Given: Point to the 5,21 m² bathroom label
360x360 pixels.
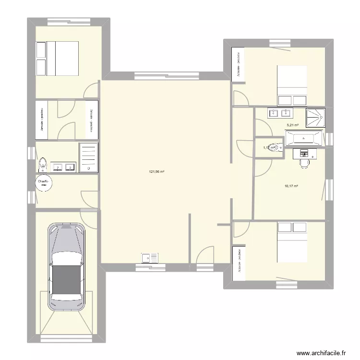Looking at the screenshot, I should coord(292,125).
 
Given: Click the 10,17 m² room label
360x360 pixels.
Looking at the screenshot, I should coord(292,186).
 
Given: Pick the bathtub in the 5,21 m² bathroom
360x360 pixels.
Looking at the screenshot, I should coord(305,140).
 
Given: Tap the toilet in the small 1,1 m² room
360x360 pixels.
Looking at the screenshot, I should coord(276,147).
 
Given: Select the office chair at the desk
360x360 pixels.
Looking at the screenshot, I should coord(304,163).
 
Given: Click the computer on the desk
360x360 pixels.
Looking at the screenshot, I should coord(303,153).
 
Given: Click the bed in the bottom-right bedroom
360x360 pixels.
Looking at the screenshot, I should coord(292,242).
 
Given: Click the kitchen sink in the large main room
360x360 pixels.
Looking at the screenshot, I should coord(150,258).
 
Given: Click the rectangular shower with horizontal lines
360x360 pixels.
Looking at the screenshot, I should coord(88,157).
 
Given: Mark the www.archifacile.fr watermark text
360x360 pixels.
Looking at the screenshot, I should coord(321,353).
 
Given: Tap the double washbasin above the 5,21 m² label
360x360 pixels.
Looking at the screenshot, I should coord(279,113).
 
